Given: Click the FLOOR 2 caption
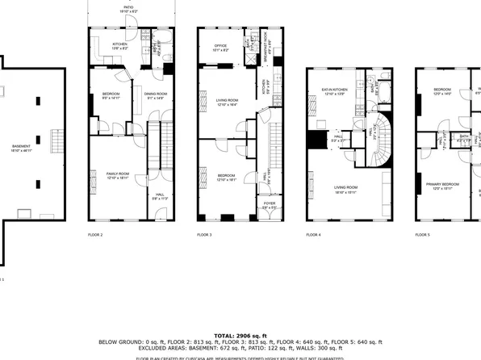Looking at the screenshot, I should coord(95,235).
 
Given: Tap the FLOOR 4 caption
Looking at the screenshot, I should coord(313,235).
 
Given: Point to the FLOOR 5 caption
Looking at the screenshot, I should coord(423,235).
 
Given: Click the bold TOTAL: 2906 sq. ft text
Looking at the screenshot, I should coord(240,334).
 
